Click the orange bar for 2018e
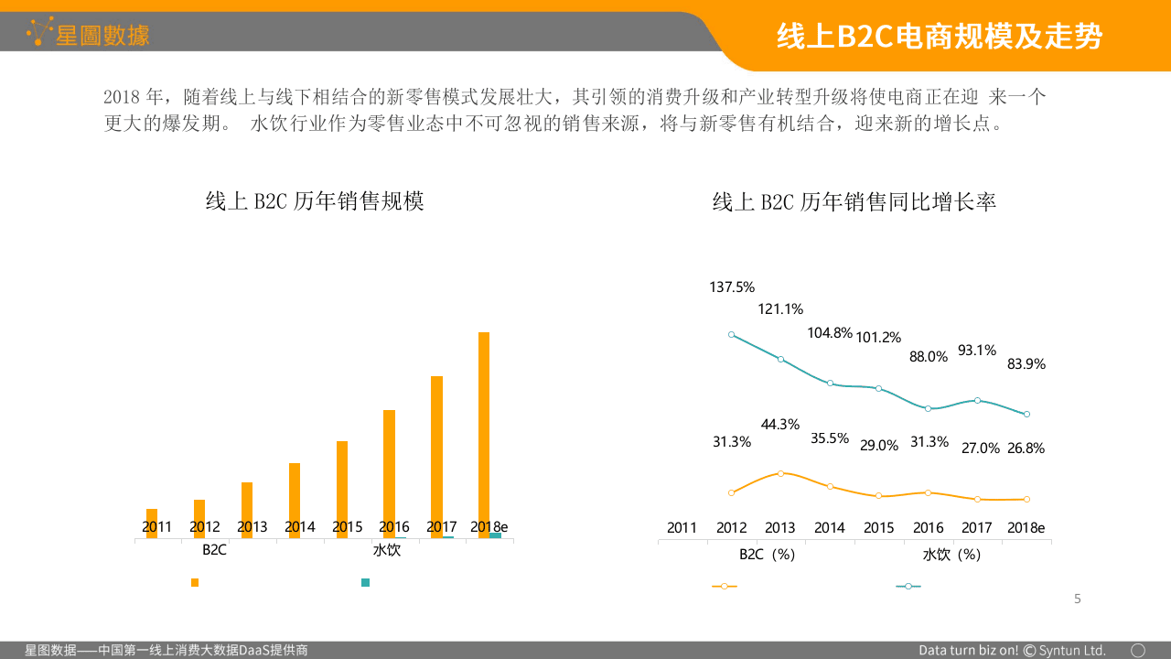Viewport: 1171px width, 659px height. coord(484,430)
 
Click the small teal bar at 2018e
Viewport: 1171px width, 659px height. coord(495,535)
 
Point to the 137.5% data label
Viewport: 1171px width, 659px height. coord(732,287)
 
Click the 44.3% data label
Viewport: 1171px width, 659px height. coord(780,425)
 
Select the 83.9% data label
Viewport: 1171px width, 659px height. coord(1026,364)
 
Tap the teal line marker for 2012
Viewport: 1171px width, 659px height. coord(732,335)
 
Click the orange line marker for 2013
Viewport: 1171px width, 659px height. coord(780,473)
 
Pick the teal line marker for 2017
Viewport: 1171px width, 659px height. coord(978,400)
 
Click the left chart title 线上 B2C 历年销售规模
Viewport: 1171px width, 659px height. coord(315,201)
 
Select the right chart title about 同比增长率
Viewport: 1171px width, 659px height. coord(854,201)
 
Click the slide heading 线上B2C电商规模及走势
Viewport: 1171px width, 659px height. coord(939,37)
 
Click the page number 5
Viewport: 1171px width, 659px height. coord(1077,600)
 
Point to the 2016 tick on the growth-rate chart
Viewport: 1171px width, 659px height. coord(928,528)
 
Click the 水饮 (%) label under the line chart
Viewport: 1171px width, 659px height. coord(951,555)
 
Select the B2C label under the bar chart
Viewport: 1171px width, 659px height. coord(214,550)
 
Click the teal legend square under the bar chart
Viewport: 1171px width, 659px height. coord(366,582)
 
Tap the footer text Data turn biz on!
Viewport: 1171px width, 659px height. coord(968,650)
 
